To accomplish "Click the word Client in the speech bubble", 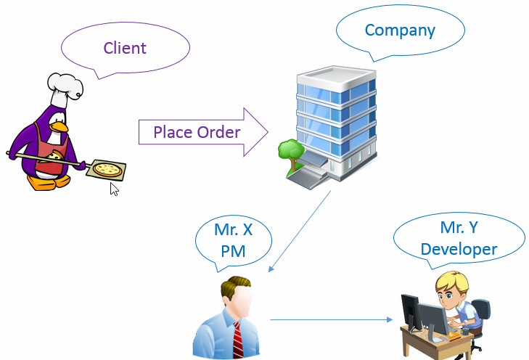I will tap(125, 49).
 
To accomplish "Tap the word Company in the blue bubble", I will tap(400, 30).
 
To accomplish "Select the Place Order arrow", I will tap(197, 132).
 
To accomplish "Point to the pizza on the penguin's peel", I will tap(107, 170).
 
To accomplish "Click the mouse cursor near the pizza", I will tap(114, 189).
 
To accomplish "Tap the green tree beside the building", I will tap(290, 152).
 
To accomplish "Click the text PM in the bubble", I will tap(233, 251).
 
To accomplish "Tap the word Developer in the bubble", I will tap(459, 249).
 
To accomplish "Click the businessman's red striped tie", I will tap(237, 338).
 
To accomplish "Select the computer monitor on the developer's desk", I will tap(434, 319).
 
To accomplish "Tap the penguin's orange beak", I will tap(62, 128).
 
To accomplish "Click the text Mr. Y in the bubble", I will tap(459, 227).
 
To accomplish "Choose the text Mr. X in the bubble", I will tap(233, 231).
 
